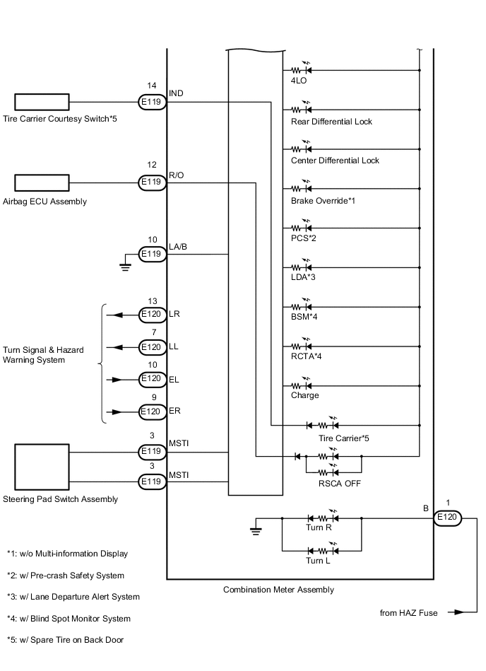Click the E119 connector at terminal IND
coord(151,103)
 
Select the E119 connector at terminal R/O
coord(151,182)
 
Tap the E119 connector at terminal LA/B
coord(151,254)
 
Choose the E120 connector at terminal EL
coord(151,379)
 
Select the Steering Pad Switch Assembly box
coord(42,467)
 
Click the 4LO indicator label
coord(298,81)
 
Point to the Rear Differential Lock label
coord(331,122)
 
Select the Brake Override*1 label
coord(323,201)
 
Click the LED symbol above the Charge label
coord(302,386)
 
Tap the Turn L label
coord(318,561)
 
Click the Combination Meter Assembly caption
coord(278,590)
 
